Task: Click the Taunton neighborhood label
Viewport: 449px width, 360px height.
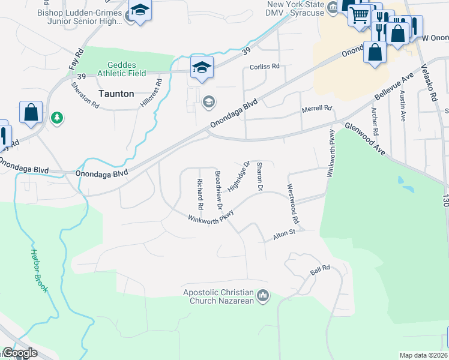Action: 116,94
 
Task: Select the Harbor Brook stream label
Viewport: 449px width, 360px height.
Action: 40,271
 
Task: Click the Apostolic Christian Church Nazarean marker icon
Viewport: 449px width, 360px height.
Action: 262,295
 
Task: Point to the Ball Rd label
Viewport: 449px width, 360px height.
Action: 321,271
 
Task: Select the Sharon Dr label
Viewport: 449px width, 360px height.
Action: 260,176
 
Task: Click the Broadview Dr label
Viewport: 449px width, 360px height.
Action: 218,190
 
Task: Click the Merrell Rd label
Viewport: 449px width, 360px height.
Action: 316,109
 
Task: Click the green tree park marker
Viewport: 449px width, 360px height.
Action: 57,118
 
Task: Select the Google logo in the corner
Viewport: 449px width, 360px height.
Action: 20,353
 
